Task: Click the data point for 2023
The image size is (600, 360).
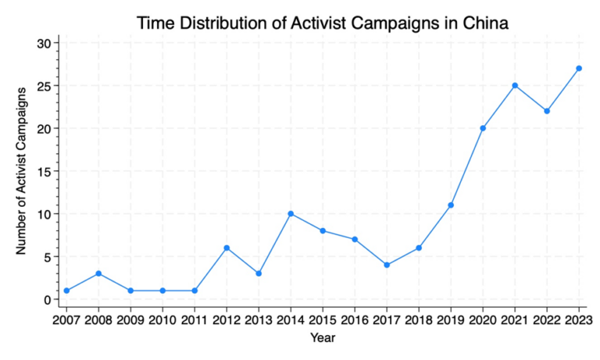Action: (579, 68)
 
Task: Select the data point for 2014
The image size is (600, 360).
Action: (291, 214)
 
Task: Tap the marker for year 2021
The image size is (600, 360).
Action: (515, 85)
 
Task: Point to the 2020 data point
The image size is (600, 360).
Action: (483, 128)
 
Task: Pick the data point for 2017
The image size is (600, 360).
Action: (387, 265)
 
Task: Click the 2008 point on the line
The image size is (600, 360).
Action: (98, 273)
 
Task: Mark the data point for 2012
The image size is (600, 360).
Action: (227, 248)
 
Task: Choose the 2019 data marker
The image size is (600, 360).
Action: (451, 205)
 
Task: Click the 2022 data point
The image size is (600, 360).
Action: (547, 111)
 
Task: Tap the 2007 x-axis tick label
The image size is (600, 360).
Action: (66, 320)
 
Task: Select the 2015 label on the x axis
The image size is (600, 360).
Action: (323, 320)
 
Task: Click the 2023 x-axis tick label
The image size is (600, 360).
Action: (579, 320)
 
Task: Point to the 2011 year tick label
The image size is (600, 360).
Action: (195, 320)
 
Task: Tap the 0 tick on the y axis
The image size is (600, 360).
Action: (47, 299)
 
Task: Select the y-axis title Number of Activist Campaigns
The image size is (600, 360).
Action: (23, 171)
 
